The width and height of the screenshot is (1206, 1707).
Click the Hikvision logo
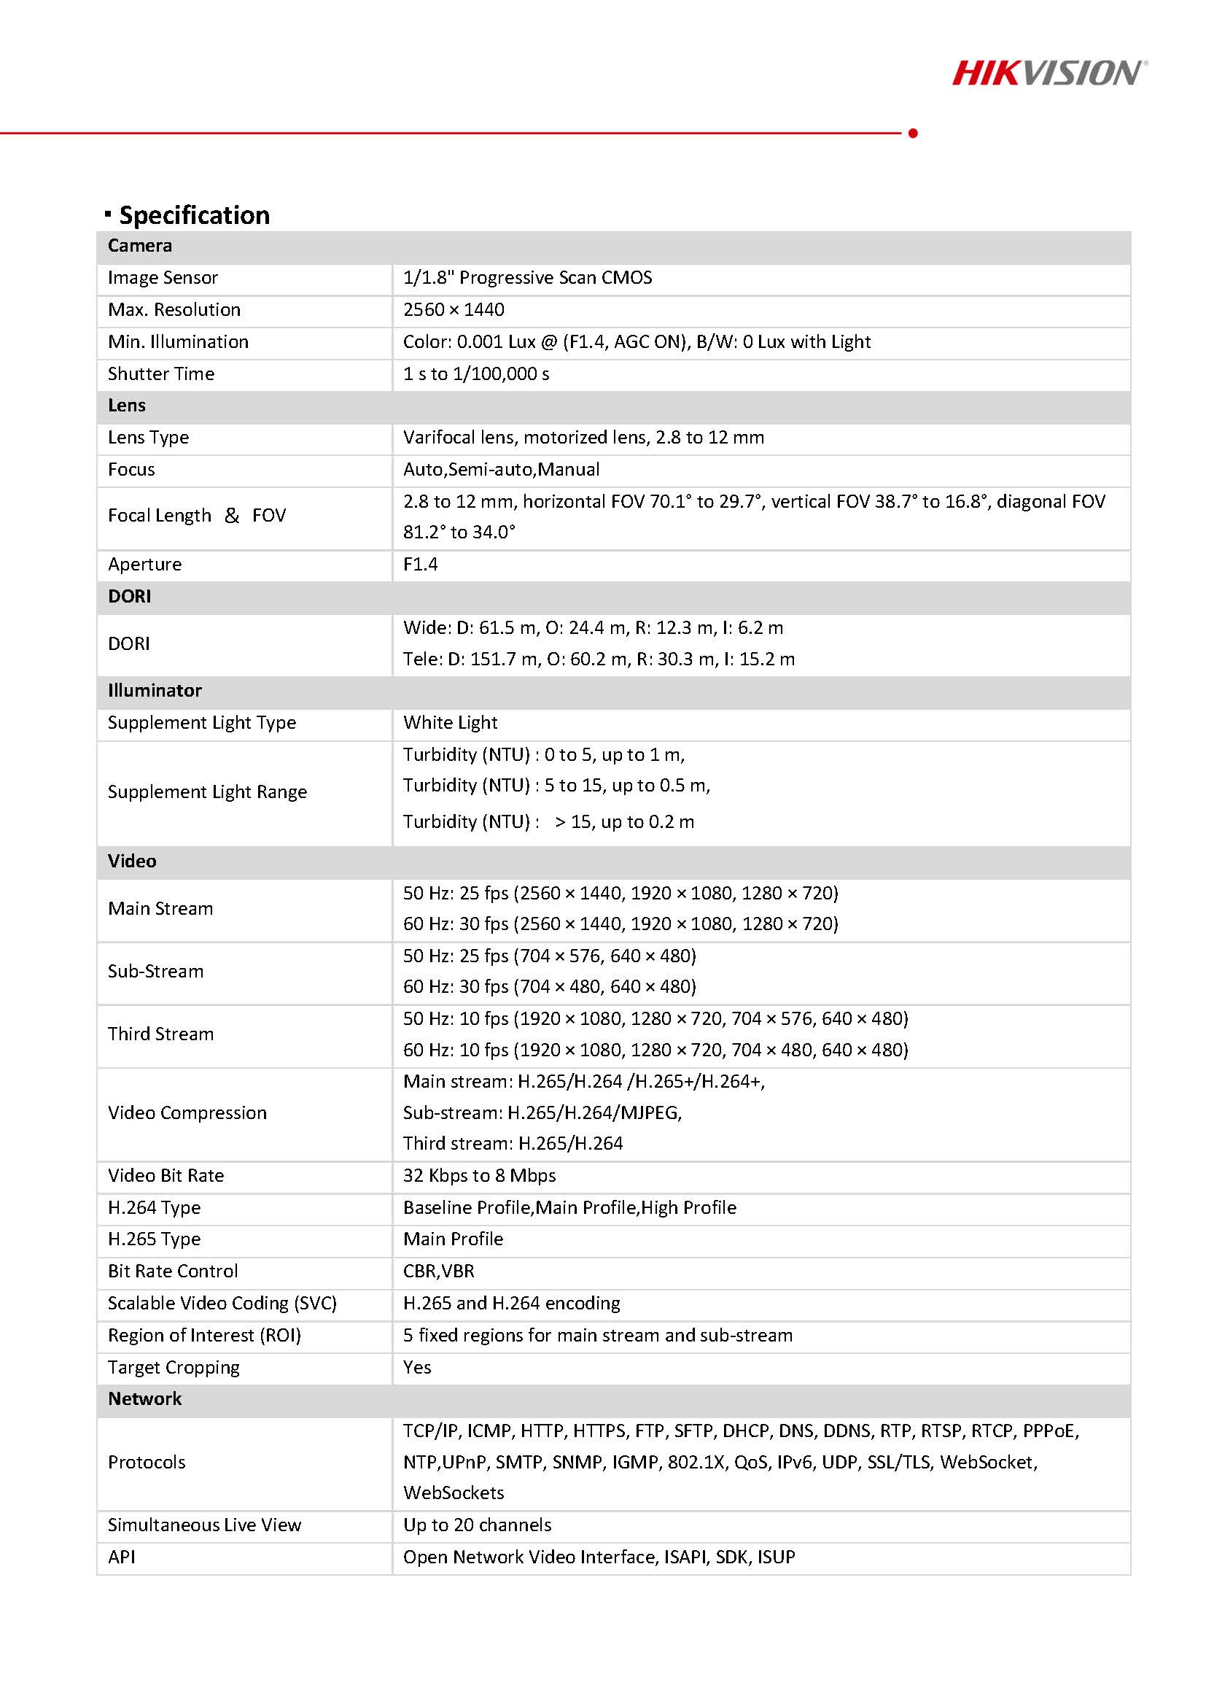pos(1049,73)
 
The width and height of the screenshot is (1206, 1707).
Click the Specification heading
pos(194,215)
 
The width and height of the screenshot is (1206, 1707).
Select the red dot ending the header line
pos(912,133)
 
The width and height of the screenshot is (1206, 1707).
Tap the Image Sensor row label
pos(163,277)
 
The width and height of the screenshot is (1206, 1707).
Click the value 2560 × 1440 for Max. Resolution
pos(454,309)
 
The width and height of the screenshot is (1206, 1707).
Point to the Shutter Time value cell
pos(475,373)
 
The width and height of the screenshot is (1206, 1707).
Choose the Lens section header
pos(127,405)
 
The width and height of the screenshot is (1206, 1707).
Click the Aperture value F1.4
pos(421,564)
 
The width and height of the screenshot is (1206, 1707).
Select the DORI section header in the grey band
pos(129,595)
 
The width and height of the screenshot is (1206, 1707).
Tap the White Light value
pos(451,722)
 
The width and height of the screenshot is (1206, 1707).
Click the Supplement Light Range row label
pos(206,791)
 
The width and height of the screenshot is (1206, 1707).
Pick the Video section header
pos(132,860)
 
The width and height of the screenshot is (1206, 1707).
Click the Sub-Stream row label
pos(155,971)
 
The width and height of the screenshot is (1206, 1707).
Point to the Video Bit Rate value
pos(479,1174)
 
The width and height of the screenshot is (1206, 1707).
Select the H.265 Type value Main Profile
pos(454,1239)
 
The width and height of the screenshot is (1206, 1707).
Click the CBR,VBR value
pos(438,1271)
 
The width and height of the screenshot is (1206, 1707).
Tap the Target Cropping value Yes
pos(417,1366)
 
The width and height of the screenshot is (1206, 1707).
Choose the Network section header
pos(145,1398)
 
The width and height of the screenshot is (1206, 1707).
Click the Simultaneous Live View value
pos(477,1525)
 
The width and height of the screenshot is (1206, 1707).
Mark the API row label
pos(122,1557)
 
